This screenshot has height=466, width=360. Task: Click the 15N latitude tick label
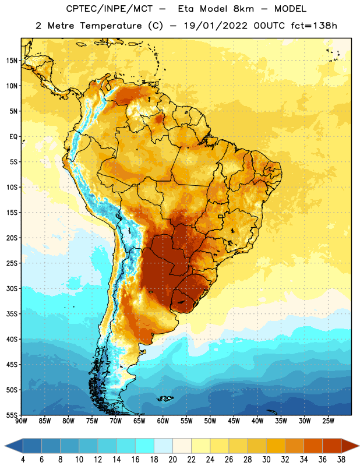(x=12, y=61)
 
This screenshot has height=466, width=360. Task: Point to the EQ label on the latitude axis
(x=13, y=137)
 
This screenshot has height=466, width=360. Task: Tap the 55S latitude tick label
(x=12, y=415)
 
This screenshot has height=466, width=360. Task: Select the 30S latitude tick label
(x=12, y=288)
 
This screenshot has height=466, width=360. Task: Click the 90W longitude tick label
(x=21, y=421)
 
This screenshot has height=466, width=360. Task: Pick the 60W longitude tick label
(x=163, y=421)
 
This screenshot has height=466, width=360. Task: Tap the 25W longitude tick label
(x=328, y=421)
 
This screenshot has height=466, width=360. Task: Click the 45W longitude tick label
(x=234, y=421)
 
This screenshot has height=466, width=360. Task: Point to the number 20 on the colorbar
(x=172, y=460)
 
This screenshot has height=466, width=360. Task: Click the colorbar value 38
(x=341, y=460)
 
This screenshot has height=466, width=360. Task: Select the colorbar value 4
(x=23, y=460)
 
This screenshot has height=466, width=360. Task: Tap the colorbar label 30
(x=266, y=460)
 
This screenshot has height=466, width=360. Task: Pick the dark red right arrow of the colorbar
(x=350, y=446)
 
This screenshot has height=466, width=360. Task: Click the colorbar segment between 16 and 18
(x=145, y=446)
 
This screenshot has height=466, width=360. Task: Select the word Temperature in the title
(x=111, y=26)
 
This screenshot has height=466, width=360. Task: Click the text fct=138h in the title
(x=314, y=26)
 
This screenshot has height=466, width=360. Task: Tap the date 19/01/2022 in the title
(x=216, y=26)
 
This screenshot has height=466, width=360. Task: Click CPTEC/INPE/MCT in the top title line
(x=109, y=9)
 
